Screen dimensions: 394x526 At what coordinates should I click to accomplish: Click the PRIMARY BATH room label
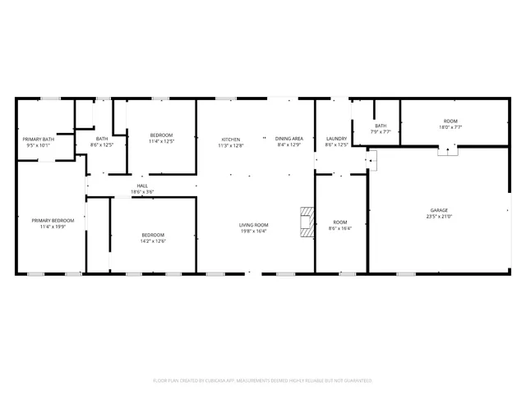point(39,139)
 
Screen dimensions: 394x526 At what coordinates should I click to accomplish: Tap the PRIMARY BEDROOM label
point(53,220)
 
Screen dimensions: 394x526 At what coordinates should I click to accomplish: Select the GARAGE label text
point(439,210)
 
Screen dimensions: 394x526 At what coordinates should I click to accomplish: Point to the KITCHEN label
point(230,139)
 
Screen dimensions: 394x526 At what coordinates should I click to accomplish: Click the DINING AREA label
point(289,139)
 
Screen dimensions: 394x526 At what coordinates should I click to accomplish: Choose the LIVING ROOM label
point(254,225)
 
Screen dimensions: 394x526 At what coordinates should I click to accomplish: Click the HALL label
point(142,186)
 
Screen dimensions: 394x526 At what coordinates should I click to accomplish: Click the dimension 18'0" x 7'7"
point(451,127)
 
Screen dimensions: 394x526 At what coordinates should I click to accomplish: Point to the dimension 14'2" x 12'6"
point(154,241)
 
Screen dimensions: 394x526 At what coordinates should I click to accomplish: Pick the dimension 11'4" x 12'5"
point(161,141)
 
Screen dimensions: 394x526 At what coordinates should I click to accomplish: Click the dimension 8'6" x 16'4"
point(339,228)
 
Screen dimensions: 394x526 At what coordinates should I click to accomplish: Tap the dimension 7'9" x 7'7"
point(381,131)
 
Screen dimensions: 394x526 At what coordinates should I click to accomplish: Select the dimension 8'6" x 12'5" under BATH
point(102,144)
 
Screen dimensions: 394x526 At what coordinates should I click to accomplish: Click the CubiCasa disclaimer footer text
point(263,381)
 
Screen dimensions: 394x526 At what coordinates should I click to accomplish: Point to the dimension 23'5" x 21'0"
point(439,216)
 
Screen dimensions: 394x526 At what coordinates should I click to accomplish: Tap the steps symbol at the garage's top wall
point(447,149)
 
